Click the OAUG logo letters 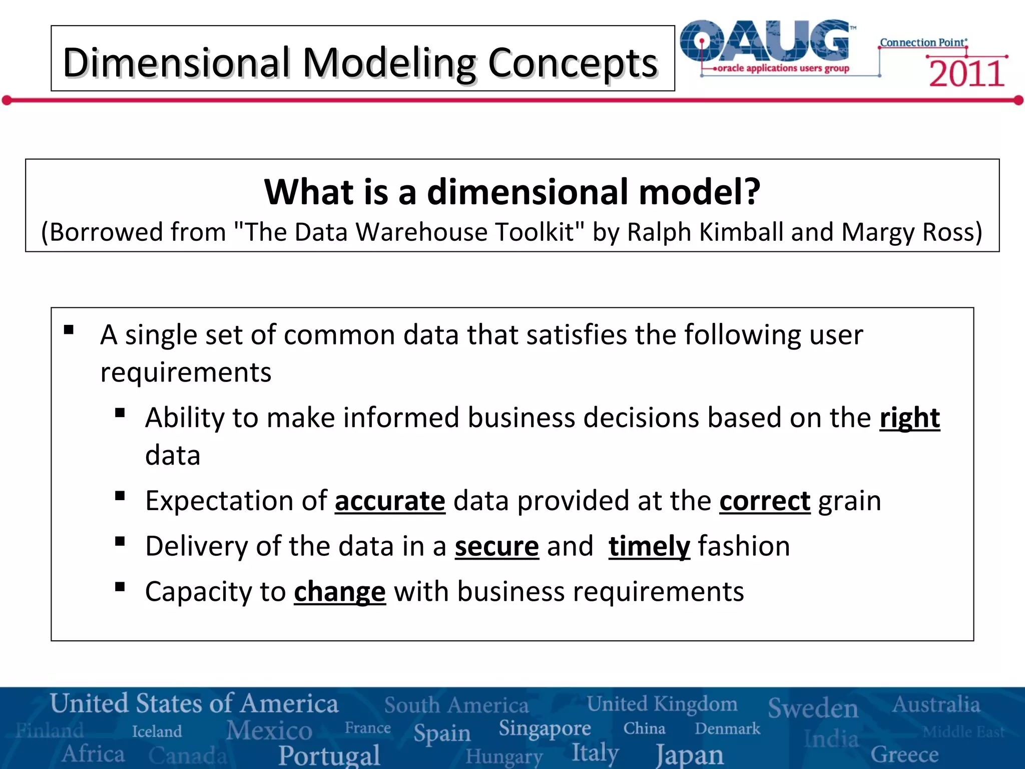click(x=766, y=41)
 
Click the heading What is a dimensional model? click(x=512, y=192)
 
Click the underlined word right click(x=909, y=418)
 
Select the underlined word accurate click(x=390, y=501)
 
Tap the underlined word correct click(x=764, y=501)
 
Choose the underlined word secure click(x=496, y=546)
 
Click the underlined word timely click(x=649, y=546)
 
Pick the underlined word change click(x=340, y=592)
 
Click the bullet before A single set click(x=69, y=330)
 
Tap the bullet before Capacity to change click(x=120, y=587)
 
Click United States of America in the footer click(x=194, y=703)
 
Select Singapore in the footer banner click(x=545, y=728)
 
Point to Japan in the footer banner click(x=690, y=754)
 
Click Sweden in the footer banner click(x=813, y=708)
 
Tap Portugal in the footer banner click(x=329, y=755)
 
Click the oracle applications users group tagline click(x=783, y=68)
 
